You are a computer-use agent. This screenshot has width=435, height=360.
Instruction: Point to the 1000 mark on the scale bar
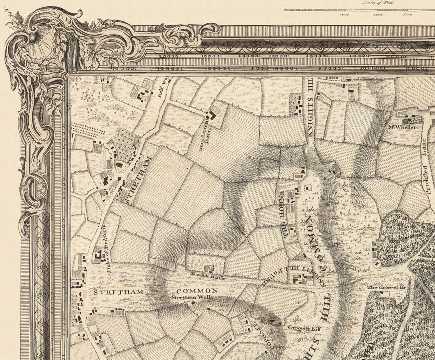[x=345, y=14]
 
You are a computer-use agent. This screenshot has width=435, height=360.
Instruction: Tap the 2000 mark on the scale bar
[x=378, y=14]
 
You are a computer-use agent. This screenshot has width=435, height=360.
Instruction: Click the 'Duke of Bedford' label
[x=108, y=251]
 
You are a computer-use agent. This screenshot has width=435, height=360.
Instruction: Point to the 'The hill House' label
[x=201, y=274]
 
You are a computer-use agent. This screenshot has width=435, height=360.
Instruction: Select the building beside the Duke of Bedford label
[x=98, y=253]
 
